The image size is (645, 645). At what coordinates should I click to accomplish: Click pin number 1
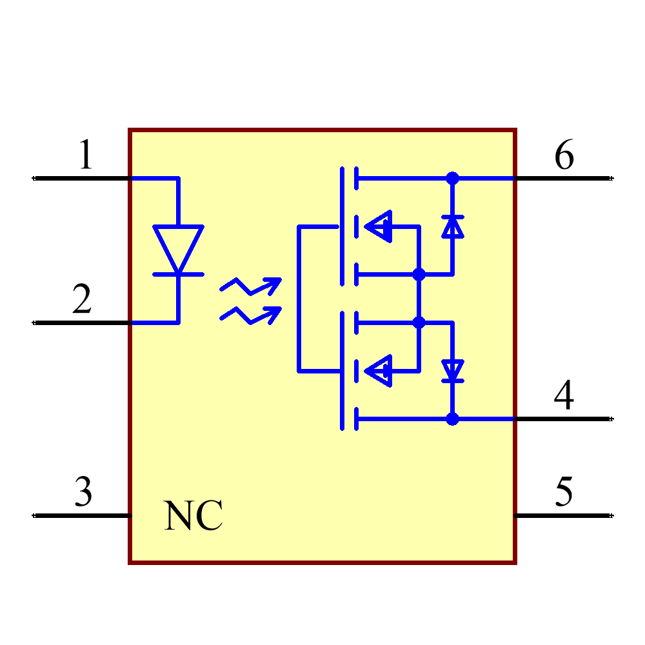pos(85,155)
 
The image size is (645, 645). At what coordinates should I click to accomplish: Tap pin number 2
pos(82,300)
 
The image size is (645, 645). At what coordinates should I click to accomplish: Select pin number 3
pos(83,491)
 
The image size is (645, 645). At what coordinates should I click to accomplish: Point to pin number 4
pos(564,395)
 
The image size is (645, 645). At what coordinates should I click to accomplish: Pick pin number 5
pos(564,491)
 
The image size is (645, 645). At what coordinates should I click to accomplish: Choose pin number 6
pos(564,155)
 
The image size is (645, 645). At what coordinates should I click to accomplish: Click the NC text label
pos(193,516)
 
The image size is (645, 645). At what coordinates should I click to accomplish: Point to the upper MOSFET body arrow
pos(379,226)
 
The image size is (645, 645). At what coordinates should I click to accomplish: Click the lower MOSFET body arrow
pos(379,371)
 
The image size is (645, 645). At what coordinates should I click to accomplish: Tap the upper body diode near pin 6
pos(452,226)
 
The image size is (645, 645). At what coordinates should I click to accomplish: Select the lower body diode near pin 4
pos(452,371)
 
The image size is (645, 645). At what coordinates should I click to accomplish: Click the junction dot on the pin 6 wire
pos(452,178)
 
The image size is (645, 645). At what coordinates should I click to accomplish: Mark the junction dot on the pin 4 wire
pos(452,419)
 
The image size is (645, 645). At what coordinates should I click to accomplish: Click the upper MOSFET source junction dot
pos(419,275)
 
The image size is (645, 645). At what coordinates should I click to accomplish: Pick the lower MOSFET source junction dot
pos(419,322)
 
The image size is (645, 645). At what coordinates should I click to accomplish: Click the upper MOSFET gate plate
pos(342,226)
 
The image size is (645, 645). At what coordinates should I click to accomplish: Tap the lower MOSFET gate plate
pos(342,371)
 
